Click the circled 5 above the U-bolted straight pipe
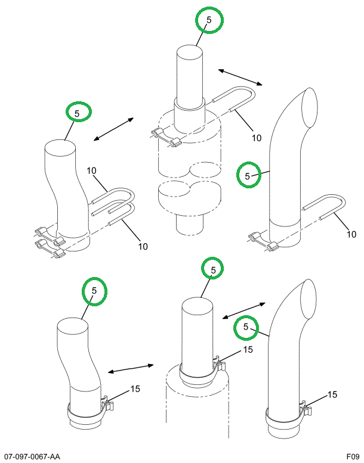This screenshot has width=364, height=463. (x=209, y=20)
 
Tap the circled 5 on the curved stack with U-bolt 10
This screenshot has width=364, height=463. (x=247, y=175)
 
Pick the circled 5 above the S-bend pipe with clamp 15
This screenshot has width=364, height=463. (x=94, y=290)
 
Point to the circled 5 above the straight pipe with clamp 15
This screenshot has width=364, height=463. (x=212, y=270)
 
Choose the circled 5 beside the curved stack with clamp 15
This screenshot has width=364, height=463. (x=245, y=327)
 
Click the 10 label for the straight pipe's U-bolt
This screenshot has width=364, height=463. (x=256, y=138)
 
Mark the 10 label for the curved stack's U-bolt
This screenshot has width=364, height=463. (x=351, y=234)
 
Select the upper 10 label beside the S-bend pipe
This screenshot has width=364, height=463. (x=91, y=171)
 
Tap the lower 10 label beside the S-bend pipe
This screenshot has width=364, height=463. (x=143, y=246)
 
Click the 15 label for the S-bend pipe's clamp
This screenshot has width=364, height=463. (x=135, y=389)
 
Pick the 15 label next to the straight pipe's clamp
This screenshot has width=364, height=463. (x=248, y=349)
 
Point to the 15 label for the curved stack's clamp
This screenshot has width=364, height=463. (x=332, y=394)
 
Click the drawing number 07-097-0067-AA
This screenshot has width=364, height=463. (x=32, y=456)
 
